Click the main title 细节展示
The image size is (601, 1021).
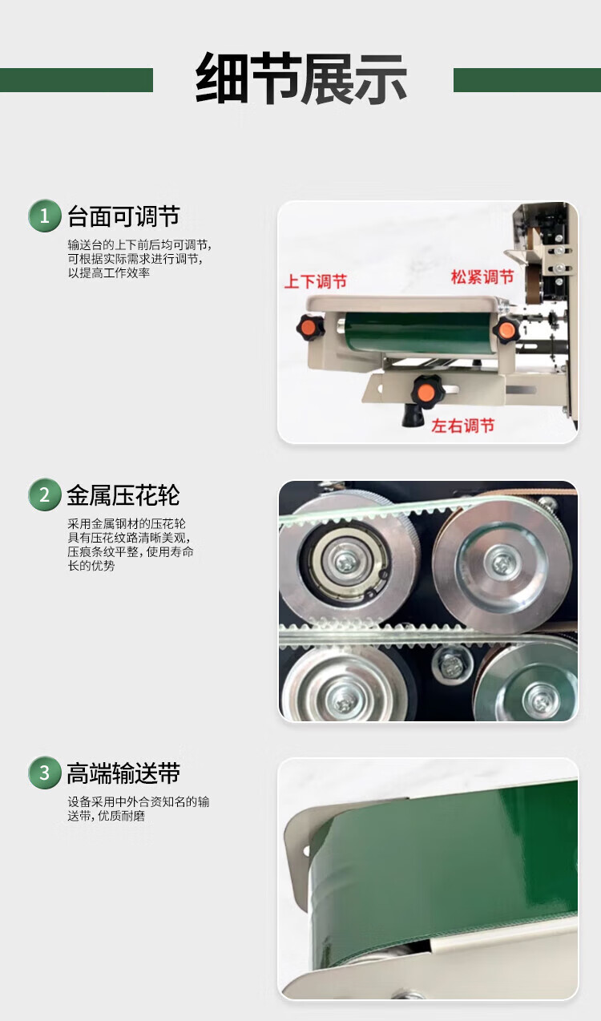pyautogui.click(x=300, y=79)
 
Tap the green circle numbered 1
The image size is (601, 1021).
pyautogui.click(x=45, y=216)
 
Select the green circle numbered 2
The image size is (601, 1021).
pyautogui.click(x=45, y=494)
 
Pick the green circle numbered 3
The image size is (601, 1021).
pyautogui.click(x=45, y=773)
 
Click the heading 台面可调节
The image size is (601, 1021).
pyautogui.click(x=123, y=216)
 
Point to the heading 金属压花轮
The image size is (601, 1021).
pyautogui.click(x=123, y=495)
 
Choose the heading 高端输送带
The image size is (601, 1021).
pyautogui.click(x=123, y=773)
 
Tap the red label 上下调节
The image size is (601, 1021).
pyautogui.click(x=315, y=281)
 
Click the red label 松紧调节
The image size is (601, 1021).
pyautogui.click(x=482, y=276)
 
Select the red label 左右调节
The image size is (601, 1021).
pyautogui.click(x=463, y=426)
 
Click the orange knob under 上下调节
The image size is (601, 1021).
pyautogui.click(x=310, y=327)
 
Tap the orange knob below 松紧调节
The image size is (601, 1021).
pyautogui.click(x=506, y=329)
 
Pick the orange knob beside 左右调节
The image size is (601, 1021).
pyautogui.click(x=426, y=390)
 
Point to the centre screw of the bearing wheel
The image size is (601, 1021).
pyautogui.click(x=345, y=562)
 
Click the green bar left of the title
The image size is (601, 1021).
pyautogui.click(x=77, y=80)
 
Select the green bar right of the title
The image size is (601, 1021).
pyautogui.click(x=527, y=80)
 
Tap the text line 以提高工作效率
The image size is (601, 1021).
pyautogui.click(x=109, y=273)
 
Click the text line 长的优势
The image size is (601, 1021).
pyautogui.click(x=91, y=566)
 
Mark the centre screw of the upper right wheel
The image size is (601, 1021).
pyautogui.click(x=501, y=562)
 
